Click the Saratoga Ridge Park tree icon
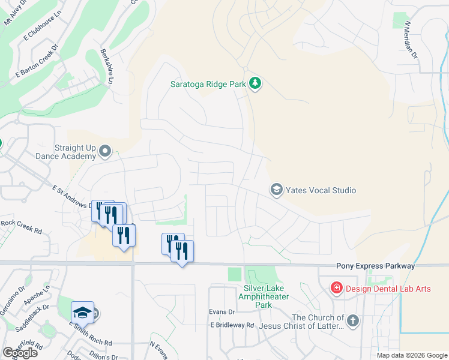[x=255, y=83]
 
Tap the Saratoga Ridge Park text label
[x=207, y=84]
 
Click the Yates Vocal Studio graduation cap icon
[x=277, y=190]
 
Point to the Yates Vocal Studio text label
[x=321, y=190]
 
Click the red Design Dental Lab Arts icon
[x=337, y=289]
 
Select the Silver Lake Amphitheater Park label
[x=264, y=296]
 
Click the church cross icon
[x=352, y=321]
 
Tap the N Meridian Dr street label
[x=410, y=37]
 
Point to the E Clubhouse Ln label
[x=43, y=28]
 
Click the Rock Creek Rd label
[x=21, y=226]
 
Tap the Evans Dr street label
[x=221, y=312]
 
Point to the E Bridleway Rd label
[x=232, y=325]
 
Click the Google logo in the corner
[x=20, y=353]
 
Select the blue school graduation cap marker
[x=83, y=312]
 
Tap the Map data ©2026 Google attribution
[x=411, y=355]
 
